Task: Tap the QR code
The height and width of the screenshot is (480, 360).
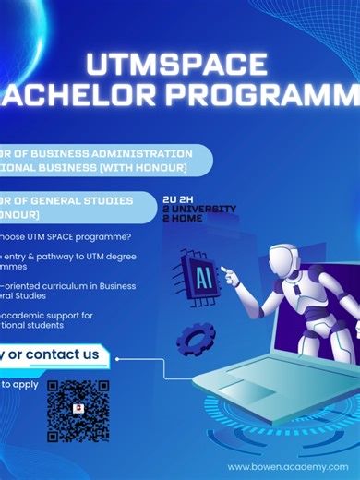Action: [x=78, y=410]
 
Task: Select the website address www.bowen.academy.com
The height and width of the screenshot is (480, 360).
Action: [x=293, y=467]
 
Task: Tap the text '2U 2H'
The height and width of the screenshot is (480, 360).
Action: [x=179, y=198]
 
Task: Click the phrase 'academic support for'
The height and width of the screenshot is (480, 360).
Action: [x=55, y=316]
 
